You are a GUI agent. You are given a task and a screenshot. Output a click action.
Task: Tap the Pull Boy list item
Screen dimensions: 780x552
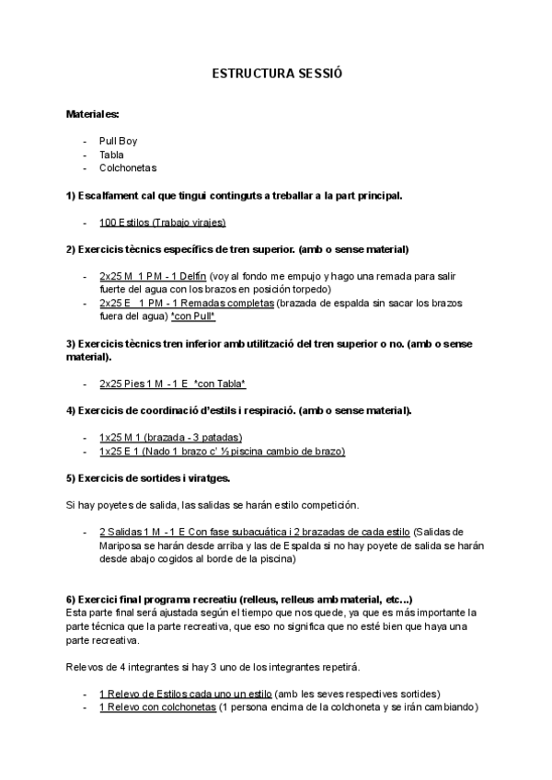click(118, 141)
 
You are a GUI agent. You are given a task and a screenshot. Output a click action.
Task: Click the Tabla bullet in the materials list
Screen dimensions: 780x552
click(111, 155)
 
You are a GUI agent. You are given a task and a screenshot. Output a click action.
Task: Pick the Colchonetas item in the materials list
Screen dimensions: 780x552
click(128, 168)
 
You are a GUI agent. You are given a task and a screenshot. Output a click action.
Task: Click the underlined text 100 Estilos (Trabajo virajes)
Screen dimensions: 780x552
click(162, 223)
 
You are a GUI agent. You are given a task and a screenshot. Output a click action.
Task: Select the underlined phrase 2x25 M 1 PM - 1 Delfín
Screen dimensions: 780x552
click(152, 276)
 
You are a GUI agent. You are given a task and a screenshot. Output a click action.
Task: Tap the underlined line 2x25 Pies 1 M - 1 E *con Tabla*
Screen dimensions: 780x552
click(172, 384)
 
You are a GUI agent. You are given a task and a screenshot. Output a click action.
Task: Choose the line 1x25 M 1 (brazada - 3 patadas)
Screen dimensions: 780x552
click(170, 438)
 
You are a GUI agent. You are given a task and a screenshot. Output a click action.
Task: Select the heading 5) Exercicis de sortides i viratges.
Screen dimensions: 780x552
click(148, 478)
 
